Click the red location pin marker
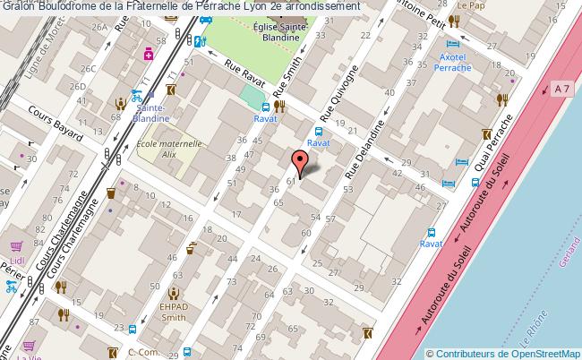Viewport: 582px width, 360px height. coord(302,161)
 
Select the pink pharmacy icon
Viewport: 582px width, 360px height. coord(150,55)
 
